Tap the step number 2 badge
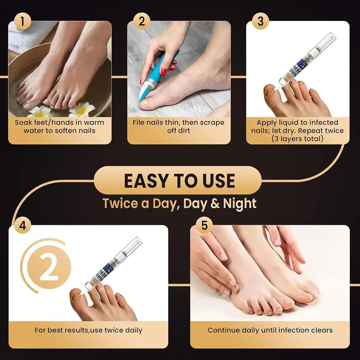click(x=142, y=22)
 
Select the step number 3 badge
click(x=260, y=22)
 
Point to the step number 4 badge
click(x=23, y=226)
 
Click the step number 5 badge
click(x=204, y=226)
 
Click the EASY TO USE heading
click(x=179, y=181)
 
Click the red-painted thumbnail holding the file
click(x=164, y=72)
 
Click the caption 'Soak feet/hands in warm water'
click(x=60, y=126)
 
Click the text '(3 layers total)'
click(x=297, y=138)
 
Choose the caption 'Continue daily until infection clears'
click(x=270, y=330)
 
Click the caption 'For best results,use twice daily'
click(x=88, y=330)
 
